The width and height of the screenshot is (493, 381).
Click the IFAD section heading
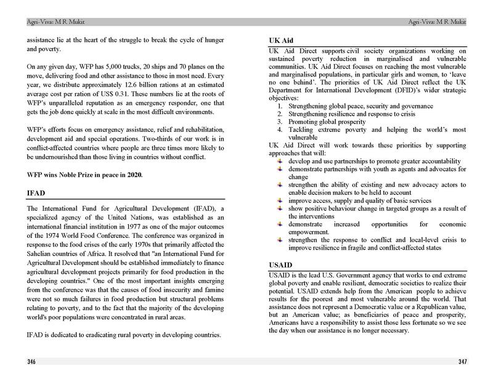pos(35,193)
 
